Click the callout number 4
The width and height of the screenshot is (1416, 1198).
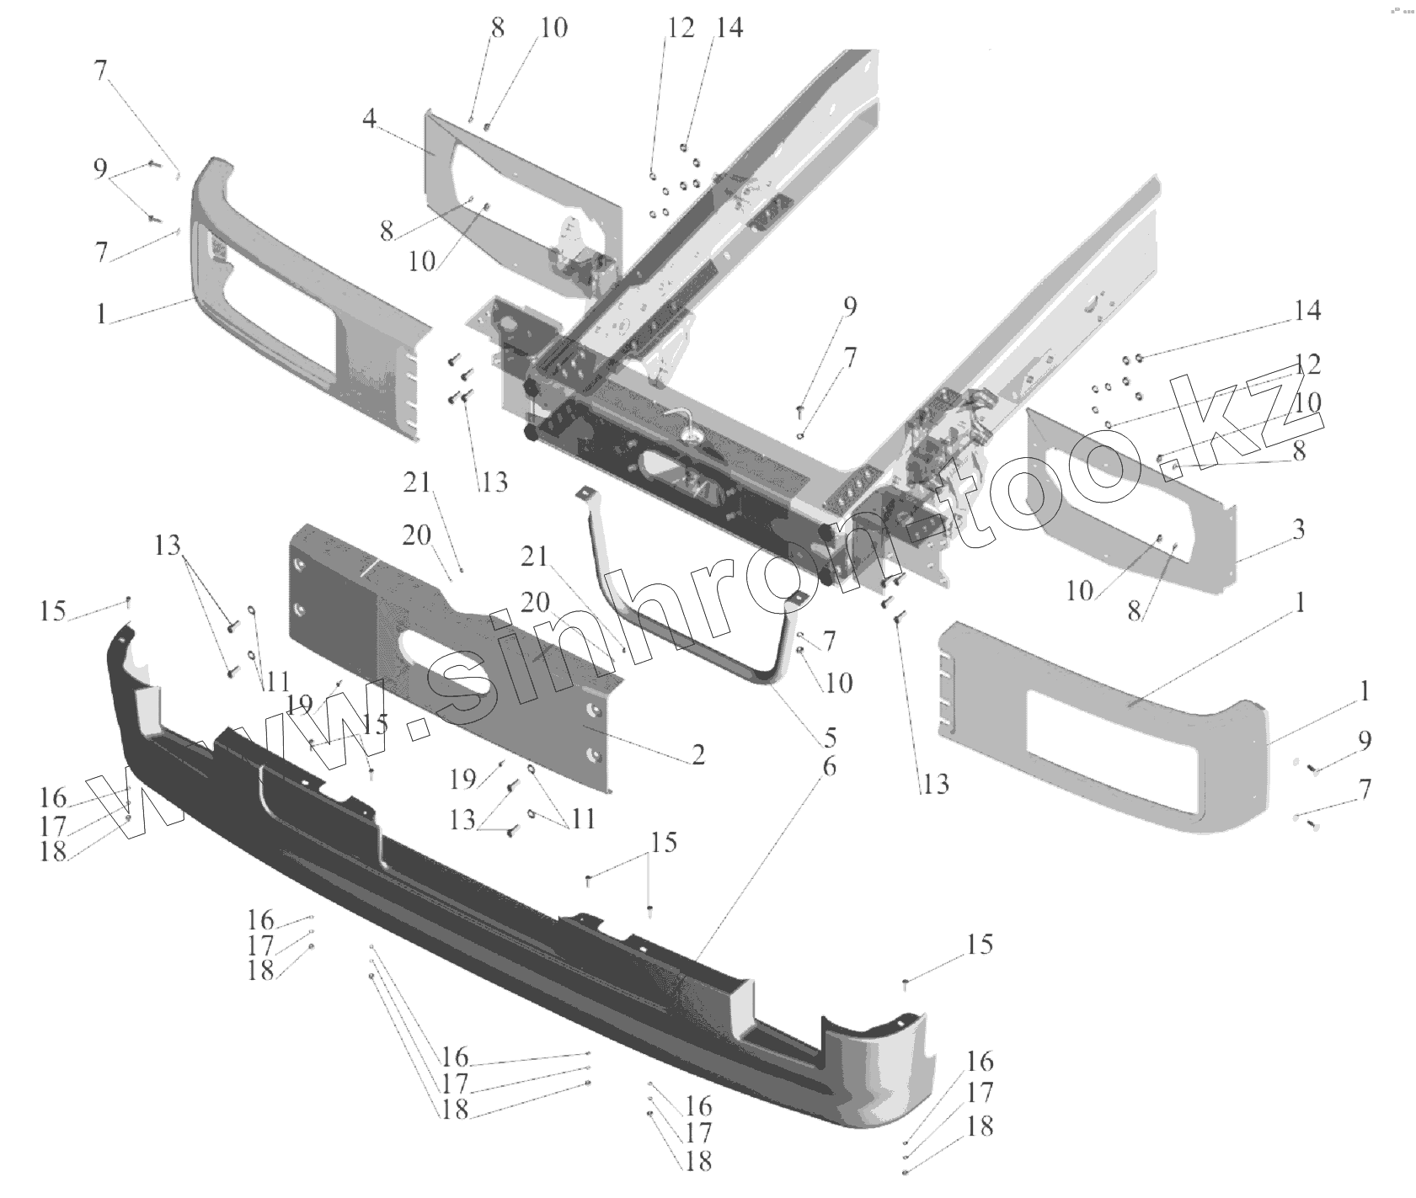pyautogui.click(x=370, y=120)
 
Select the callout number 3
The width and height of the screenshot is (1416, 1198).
pyautogui.click(x=1298, y=530)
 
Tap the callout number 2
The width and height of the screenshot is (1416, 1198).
pyautogui.click(x=697, y=753)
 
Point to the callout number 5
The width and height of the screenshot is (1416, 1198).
pyautogui.click(x=830, y=737)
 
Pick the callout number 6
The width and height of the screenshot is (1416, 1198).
pyautogui.click(x=830, y=766)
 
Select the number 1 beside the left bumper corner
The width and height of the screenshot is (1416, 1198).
pyautogui.click(x=101, y=314)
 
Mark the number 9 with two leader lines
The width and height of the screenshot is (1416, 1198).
pyautogui.click(x=100, y=168)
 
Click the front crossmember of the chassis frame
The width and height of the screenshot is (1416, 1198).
pyautogui.click(x=674, y=471)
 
